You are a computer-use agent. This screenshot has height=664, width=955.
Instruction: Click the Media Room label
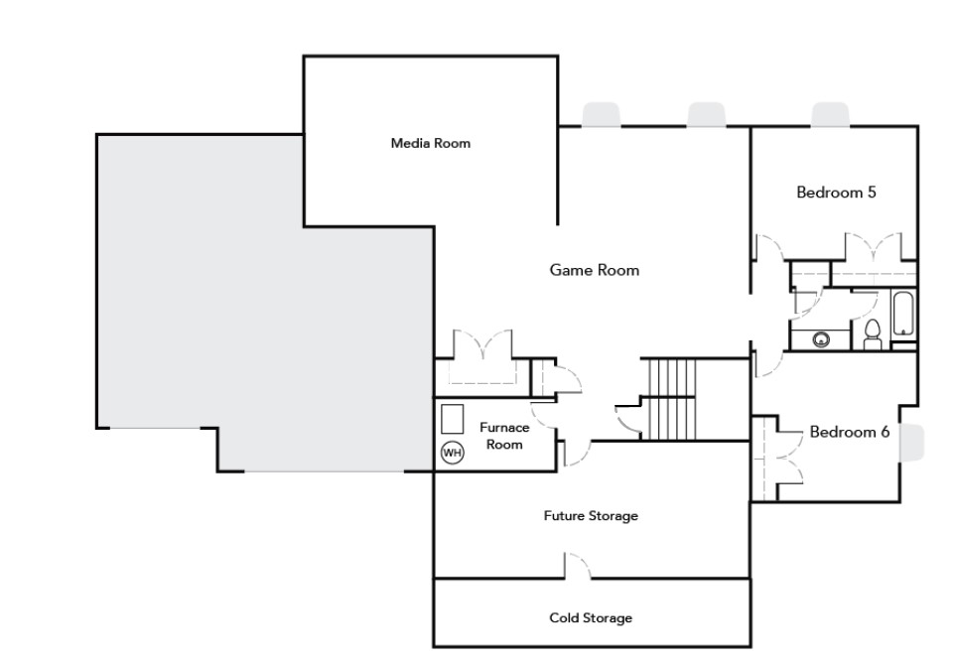(x=431, y=143)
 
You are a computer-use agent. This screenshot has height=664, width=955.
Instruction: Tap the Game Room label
(x=595, y=270)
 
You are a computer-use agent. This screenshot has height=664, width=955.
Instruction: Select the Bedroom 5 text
(x=836, y=193)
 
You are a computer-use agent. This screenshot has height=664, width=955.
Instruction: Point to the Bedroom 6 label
(x=850, y=432)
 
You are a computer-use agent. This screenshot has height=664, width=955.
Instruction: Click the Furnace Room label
(x=504, y=436)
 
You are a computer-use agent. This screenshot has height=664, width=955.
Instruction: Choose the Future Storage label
(x=591, y=516)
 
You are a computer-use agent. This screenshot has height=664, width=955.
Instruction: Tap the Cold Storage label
(x=591, y=617)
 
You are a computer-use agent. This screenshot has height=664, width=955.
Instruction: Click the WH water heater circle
(x=452, y=453)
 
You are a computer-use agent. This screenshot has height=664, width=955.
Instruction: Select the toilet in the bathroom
(x=873, y=334)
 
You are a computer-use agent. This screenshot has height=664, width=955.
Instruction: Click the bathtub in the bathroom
(x=902, y=315)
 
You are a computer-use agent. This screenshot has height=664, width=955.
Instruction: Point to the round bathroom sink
(x=821, y=339)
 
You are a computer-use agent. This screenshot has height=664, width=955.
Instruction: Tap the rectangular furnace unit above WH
(x=452, y=419)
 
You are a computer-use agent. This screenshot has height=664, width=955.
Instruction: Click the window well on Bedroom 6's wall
(x=911, y=443)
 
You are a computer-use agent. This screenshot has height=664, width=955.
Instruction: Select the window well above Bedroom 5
(x=830, y=114)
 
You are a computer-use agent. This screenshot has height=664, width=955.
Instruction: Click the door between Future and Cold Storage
(x=578, y=566)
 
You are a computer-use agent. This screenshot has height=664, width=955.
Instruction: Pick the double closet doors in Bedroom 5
(x=874, y=247)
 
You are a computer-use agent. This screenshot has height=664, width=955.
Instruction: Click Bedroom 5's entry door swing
(x=769, y=248)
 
